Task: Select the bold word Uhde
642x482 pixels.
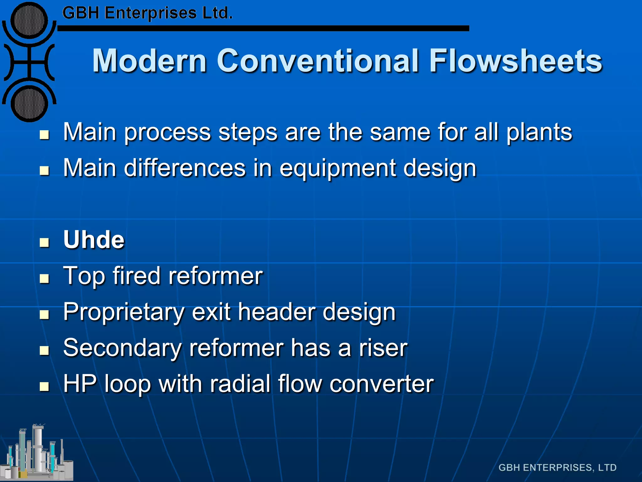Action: [94, 240]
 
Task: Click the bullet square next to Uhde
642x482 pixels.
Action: [45, 243]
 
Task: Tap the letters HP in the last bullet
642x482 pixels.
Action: [80, 383]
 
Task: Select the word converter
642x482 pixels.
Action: [382, 384]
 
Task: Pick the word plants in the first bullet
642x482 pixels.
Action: [539, 132]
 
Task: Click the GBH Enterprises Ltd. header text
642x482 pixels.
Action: [147, 13]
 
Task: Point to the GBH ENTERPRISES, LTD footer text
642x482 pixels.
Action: [557, 468]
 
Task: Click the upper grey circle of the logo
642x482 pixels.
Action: [29, 21]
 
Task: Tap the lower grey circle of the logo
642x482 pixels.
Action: [29, 104]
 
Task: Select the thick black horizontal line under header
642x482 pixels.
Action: [263, 28]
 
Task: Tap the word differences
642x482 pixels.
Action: [185, 168]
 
